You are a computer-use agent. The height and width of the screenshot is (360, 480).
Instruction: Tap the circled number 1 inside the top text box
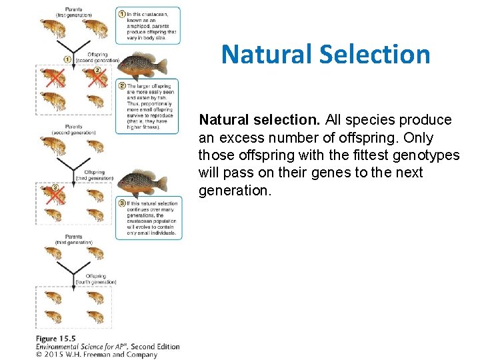[x=121, y=13]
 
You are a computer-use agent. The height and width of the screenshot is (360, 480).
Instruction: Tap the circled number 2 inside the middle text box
[x=121, y=85]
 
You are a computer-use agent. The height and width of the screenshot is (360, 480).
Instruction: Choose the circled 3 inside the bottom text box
[x=121, y=203]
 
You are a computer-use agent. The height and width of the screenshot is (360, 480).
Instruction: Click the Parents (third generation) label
[x=73, y=240]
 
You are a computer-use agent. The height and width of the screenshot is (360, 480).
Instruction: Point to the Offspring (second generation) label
[x=95, y=58]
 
